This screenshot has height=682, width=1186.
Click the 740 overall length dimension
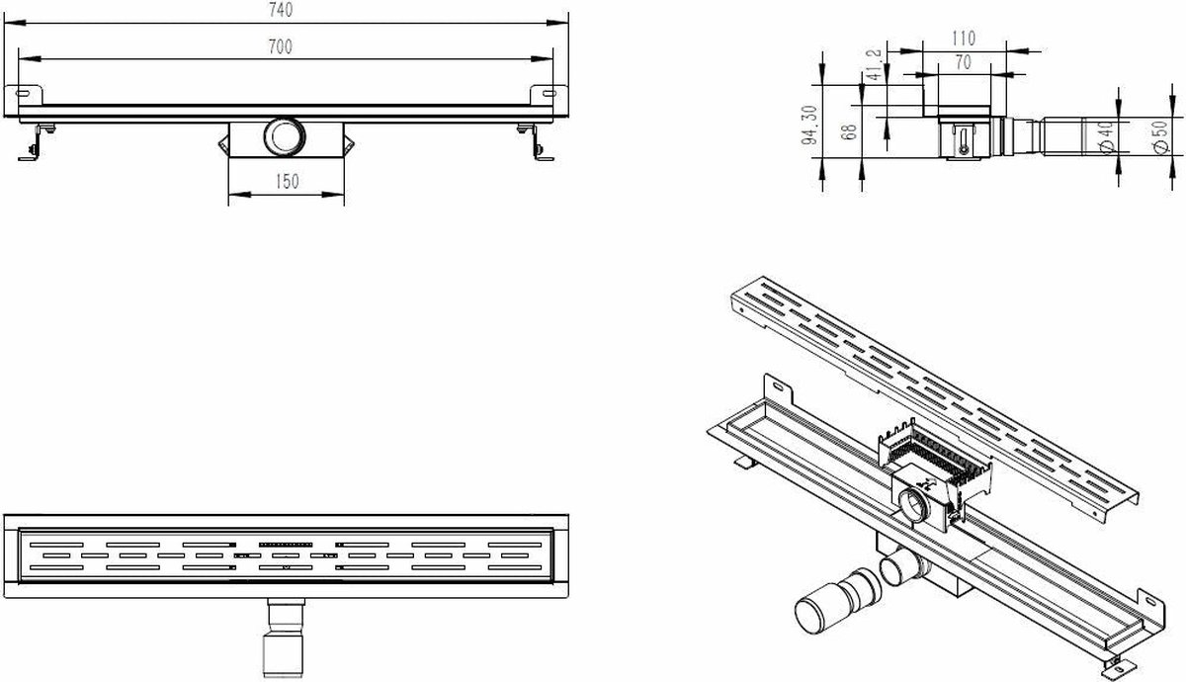(x=281, y=10)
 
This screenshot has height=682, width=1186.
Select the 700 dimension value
(x=280, y=47)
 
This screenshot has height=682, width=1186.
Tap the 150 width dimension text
(x=287, y=182)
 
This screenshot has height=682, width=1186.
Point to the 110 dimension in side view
(x=963, y=39)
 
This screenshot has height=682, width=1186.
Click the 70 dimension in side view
(x=963, y=62)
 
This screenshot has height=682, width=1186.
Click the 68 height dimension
(x=849, y=131)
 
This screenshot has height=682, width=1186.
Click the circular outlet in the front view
(x=285, y=137)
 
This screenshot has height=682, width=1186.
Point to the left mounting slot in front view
(x=24, y=94)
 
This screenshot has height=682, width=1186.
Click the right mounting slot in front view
(x=550, y=94)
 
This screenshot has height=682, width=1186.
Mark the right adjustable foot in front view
(x=536, y=142)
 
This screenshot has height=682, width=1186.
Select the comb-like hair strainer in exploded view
(x=935, y=450)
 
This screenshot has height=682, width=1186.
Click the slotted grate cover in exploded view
(x=935, y=398)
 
